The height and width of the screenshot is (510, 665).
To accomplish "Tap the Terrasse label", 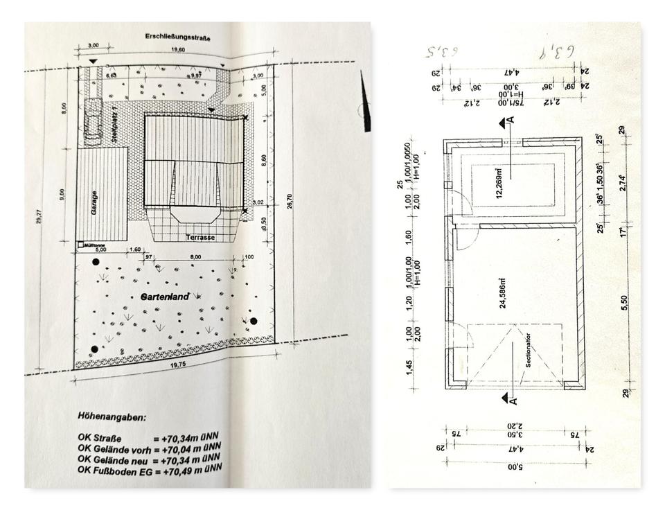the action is coord(200,238).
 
